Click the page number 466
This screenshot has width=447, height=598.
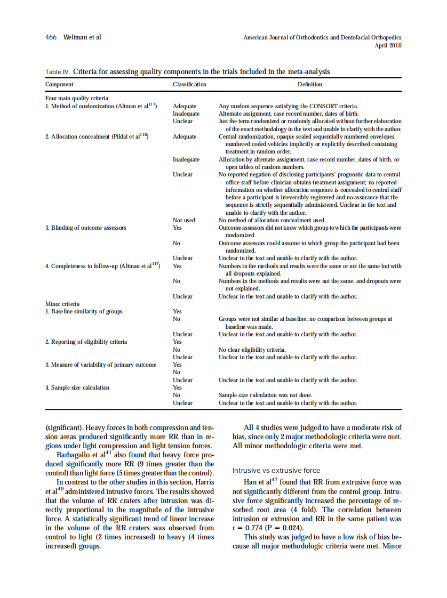pyautogui.click(x=51, y=37)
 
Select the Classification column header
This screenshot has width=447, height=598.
pyautogui.click(x=189, y=84)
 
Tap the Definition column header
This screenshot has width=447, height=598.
pyautogui.click(x=310, y=84)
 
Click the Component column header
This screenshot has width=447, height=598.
pyautogui.click(x=60, y=84)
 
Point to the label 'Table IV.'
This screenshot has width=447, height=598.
pyautogui.click(x=58, y=72)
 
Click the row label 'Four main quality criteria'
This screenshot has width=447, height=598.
pyautogui.click(x=77, y=99)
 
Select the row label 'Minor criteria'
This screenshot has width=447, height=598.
pyautogui.click(x=62, y=304)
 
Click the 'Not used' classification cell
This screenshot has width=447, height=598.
pyautogui.click(x=184, y=220)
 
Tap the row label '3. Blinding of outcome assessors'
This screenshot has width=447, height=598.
pyautogui.click(x=85, y=228)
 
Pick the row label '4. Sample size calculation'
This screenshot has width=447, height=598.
pyautogui.click(x=77, y=387)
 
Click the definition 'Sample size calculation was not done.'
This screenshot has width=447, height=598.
pyautogui.click(x=266, y=395)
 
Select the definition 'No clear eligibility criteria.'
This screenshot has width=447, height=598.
pyautogui.click(x=252, y=350)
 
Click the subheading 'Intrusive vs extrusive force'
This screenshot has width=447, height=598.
pyautogui.click(x=276, y=471)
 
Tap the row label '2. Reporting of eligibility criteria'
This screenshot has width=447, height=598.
pyautogui.click(x=86, y=342)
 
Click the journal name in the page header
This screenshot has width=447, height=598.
pyautogui.click(x=322, y=38)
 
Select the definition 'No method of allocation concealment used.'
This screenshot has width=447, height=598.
pyautogui.click(x=272, y=220)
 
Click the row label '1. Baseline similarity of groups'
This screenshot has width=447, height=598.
pyautogui.click(x=84, y=311)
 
